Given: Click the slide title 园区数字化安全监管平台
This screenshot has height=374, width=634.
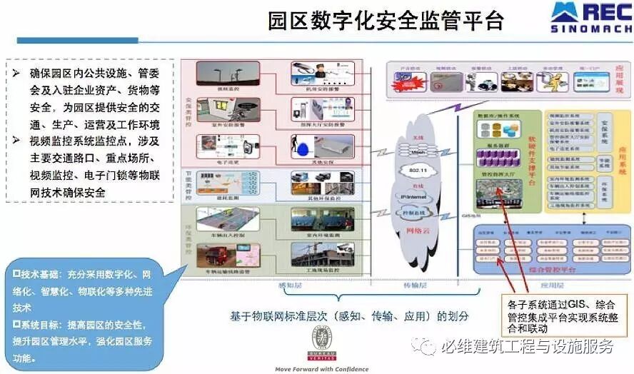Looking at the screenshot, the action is click(x=386, y=19).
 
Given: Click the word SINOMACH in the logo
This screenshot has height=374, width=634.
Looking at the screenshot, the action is click(x=590, y=29).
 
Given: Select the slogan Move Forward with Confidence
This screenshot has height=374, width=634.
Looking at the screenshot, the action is click(x=322, y=369).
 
